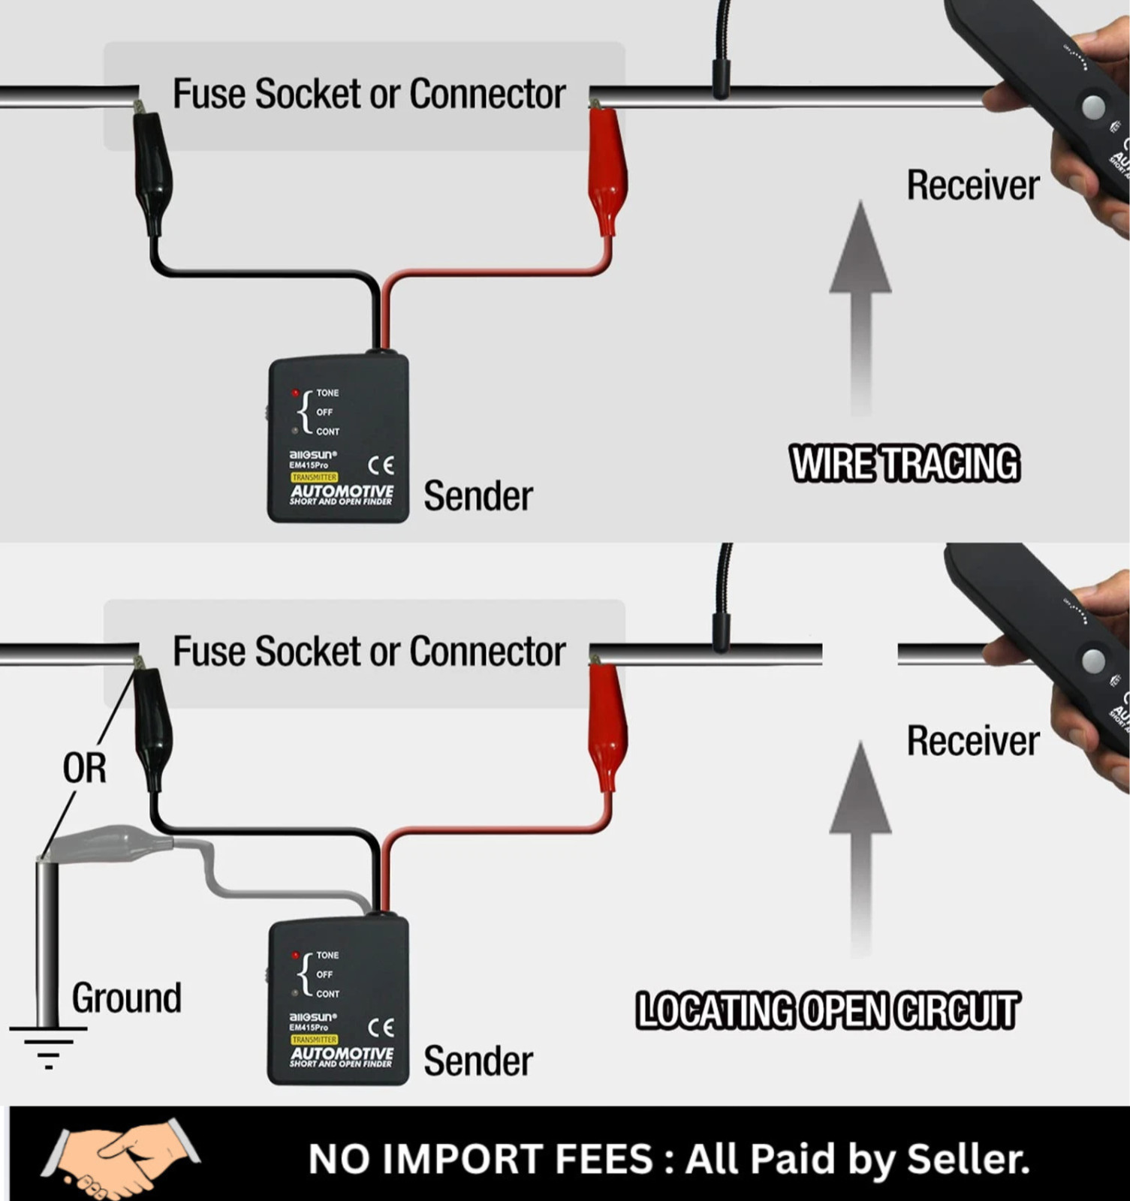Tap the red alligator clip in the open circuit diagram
pos(607,728)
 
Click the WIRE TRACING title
pos(905,463)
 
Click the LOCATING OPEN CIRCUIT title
pos(827,1010)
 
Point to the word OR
pos(84,769)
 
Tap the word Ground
pos(127,998)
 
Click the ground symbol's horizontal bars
pos(48,1046)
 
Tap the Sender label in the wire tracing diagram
pos(478,496)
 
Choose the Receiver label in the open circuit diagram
pos(973,741)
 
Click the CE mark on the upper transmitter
pos(381,465)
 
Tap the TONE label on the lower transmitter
pos(327,955)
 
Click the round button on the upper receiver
pos(1093,107)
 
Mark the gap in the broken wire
pos(860,653)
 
